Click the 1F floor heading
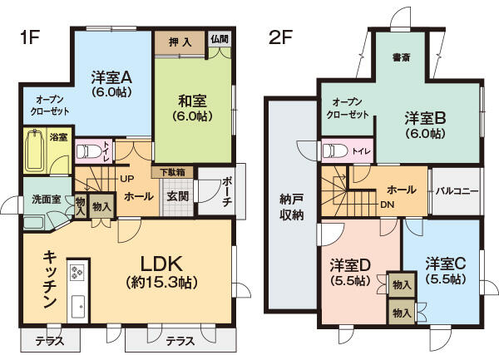click(31, 38)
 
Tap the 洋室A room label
click(112, 77)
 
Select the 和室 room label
click(192, 101)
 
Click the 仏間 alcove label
click(220, 39)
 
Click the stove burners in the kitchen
click(77, 272)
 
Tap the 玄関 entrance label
click(177, 196)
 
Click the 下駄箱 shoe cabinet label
click(173, 172)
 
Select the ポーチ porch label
click(229, 190)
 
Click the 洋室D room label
click(349, 265)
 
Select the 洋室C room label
click(446, 264)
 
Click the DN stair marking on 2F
click(387, 204)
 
